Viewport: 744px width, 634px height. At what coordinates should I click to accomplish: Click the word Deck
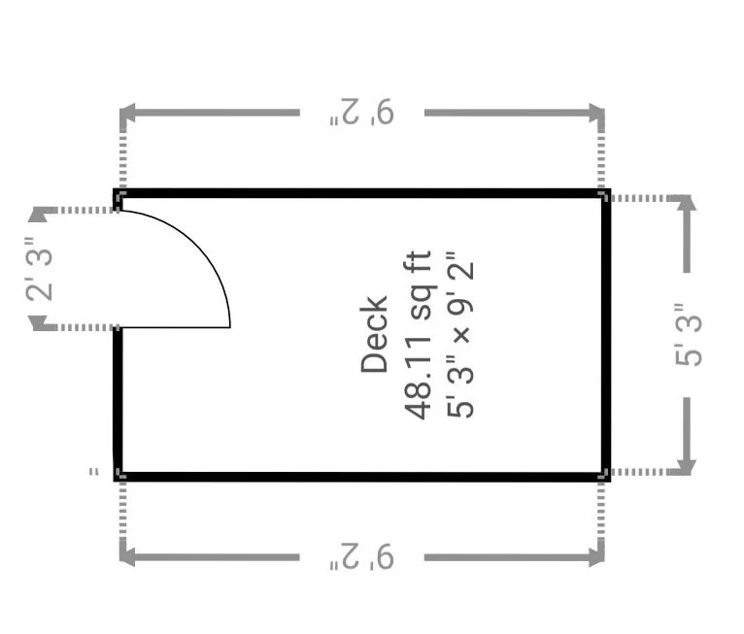(x=374, y=334)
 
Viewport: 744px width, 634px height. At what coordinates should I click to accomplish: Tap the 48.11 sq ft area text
(x=418, y=335)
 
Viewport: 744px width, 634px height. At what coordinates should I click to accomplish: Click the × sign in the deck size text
(x=461, y=333)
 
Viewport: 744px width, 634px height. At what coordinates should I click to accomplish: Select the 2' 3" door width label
(x=39, y=269)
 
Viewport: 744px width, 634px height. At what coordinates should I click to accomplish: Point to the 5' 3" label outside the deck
(x=688, y=334)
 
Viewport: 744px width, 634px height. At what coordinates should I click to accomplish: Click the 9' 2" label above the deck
(x=362, y=113)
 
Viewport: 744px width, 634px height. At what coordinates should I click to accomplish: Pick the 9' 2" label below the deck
(x=362, y=556)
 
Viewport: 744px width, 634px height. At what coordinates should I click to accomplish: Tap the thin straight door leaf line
(x=176, y=327)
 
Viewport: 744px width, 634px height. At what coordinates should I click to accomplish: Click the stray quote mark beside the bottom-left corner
(x=94, y=472)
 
